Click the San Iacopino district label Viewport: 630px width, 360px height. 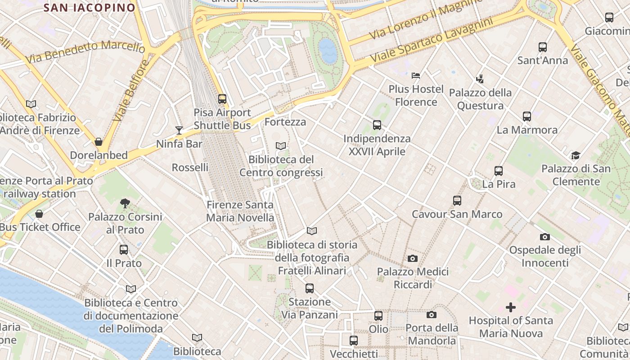tap(90, 8)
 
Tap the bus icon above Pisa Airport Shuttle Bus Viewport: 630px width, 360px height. tap(222, 99)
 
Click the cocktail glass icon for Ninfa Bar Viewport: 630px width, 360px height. tap(179, 130)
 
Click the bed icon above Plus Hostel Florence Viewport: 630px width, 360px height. tap(416, 75)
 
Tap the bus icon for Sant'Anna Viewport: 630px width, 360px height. tap(543, 47)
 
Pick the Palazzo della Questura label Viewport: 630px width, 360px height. tap(481, 99)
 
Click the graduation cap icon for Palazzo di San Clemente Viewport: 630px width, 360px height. tap(576, 156)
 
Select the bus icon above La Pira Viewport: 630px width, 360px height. tap(499, 171)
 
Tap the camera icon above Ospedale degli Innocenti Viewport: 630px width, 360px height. tap(545, 237)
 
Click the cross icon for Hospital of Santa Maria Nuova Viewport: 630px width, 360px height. tap(511, 307)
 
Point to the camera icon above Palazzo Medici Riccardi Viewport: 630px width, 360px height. tap(413, 258)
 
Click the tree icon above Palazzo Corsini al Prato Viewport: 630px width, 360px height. tap(125, 203)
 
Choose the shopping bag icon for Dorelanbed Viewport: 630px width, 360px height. tap(99, 142)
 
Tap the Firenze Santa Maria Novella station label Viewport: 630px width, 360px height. tap(240, 211)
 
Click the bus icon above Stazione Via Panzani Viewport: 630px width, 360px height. tap(310, 288)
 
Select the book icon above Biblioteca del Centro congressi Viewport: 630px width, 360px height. tap(281, 146)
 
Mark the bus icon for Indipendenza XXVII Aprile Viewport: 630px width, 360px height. tap(377, 125)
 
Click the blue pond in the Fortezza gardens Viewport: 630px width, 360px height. tap(328, 50)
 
